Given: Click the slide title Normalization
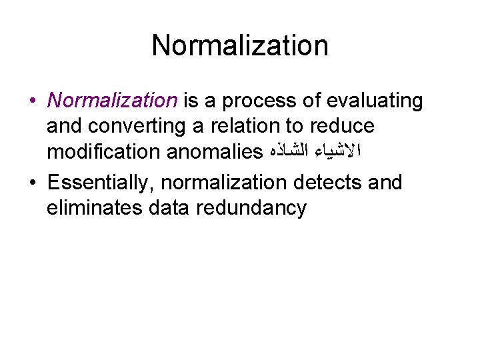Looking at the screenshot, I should point(240,46).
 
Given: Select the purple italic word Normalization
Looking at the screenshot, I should point(112,101).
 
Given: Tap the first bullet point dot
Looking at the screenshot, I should point(32,101).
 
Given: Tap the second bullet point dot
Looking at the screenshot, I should point(32,182).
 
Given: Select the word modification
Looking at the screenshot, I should point(97,153).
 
